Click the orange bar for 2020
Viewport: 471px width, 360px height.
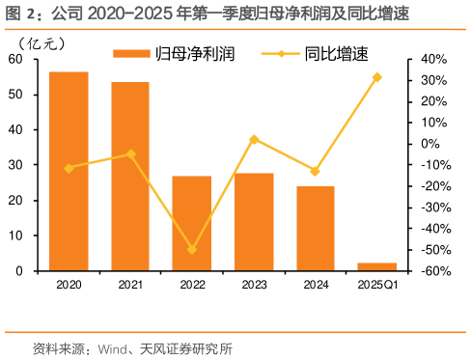[69, 171]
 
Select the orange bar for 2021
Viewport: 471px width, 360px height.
[130, 177]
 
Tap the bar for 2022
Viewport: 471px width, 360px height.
[191, 223]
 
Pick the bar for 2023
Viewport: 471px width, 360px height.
[254, 221]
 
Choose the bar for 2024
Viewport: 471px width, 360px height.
[315, 228]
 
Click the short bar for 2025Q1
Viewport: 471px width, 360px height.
[376, 266]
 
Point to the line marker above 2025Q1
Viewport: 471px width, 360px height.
[376, 77]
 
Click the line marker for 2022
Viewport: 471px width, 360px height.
[191, 249]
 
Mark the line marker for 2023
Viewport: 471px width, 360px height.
[254, 139]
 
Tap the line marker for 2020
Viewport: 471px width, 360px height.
[69, 168]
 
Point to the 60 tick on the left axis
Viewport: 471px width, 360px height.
[15, 59]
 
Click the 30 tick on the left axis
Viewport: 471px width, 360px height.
[15, 165]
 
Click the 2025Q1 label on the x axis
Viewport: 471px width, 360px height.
[376, 285]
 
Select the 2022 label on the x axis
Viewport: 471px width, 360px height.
[191, 285]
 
